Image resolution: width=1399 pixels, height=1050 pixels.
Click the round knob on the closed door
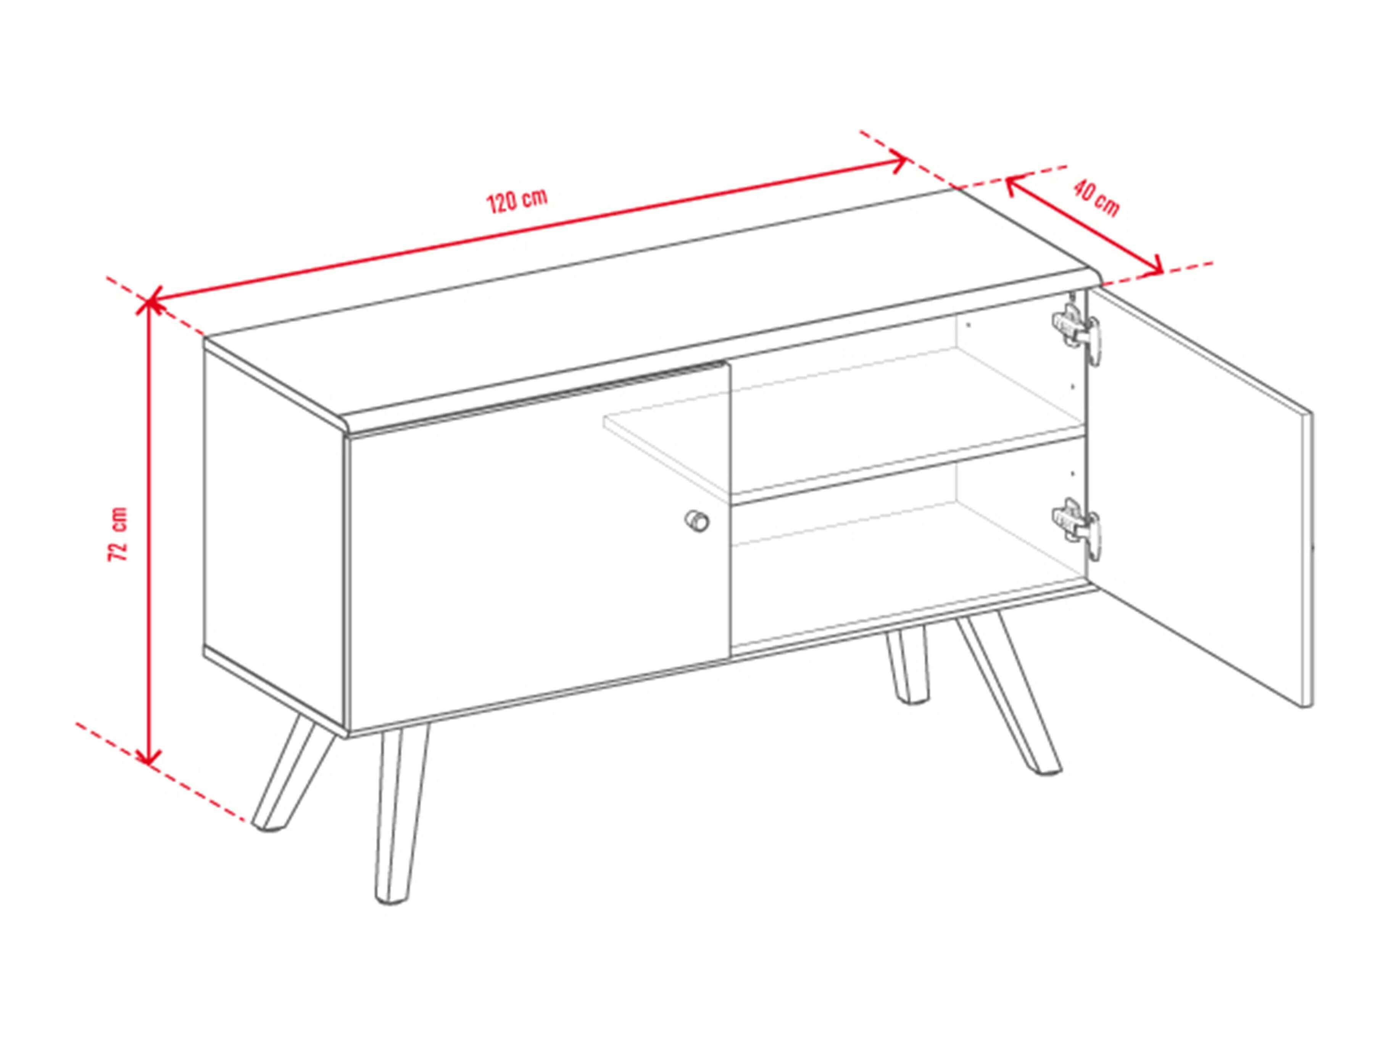697,521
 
